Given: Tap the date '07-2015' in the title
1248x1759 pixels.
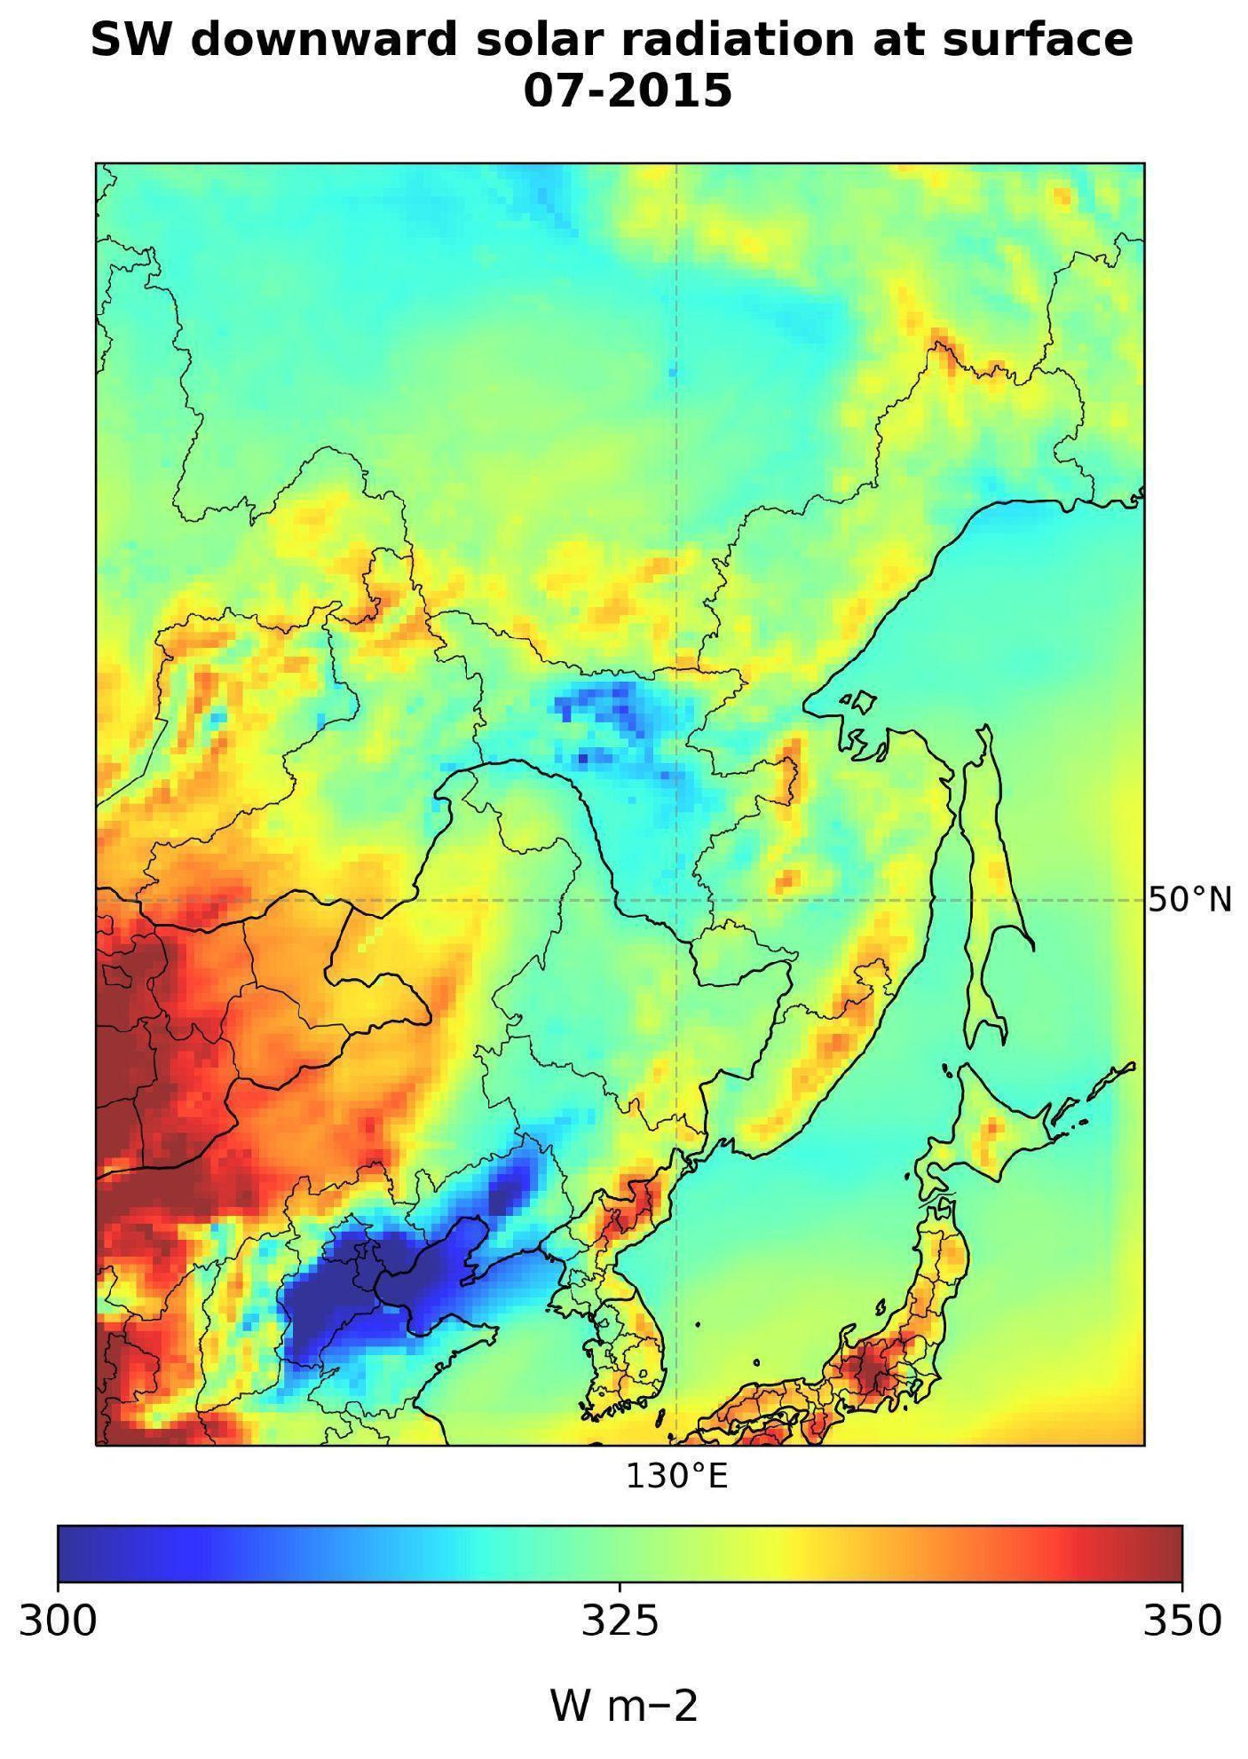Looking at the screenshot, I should (x=627, y=91).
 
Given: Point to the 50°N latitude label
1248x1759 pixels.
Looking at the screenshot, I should (x=1189, y=900).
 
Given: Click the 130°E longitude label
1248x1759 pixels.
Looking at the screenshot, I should (x=676, y=1477).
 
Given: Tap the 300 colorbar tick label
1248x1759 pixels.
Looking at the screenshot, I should (x=58, y=1621).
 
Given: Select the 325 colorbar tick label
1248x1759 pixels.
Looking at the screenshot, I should (x=620, y=1621).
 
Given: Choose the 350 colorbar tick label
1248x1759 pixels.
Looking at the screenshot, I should (x=1181, y=1621).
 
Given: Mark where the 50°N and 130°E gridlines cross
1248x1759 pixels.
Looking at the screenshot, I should (x=676, y=900).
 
